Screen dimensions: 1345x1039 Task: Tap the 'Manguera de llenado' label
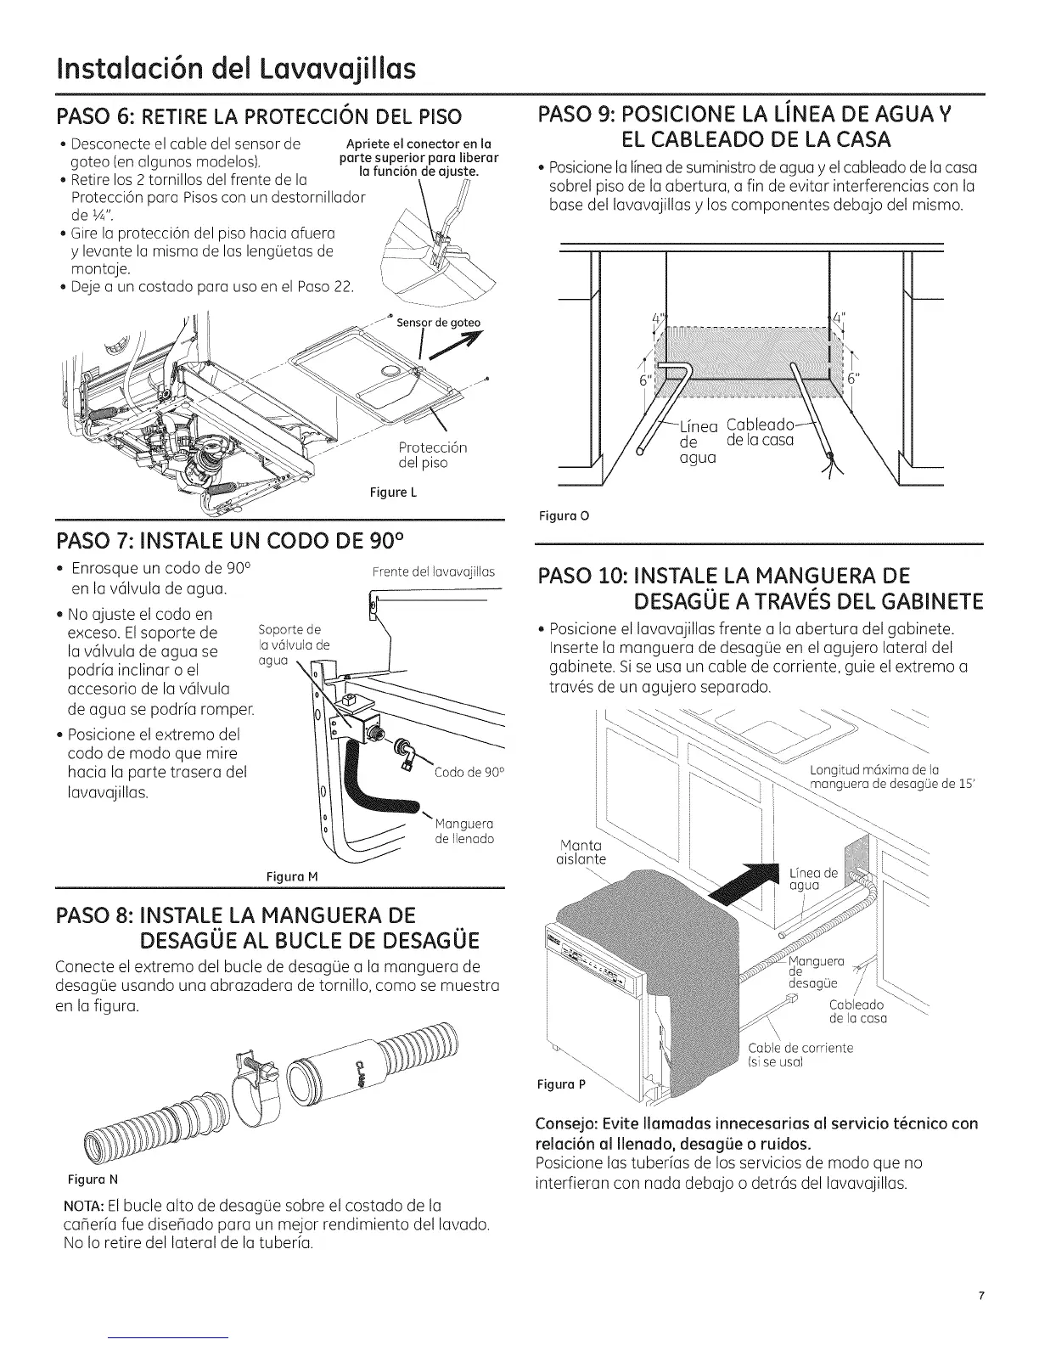point(463,831)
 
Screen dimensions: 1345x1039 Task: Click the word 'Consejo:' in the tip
point(569,1124)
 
